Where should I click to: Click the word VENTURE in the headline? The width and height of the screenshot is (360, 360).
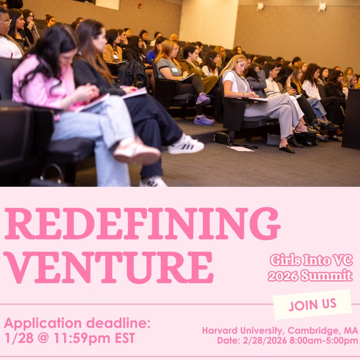(108, 267)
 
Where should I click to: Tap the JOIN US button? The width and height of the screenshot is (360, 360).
(312, 304)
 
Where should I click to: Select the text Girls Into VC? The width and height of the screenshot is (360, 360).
(311, 260)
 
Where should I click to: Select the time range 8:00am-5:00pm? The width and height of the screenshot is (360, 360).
(328, 341)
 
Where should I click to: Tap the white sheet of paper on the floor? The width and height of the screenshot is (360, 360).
(240, 148)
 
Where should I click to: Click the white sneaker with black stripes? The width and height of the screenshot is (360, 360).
(186, 145)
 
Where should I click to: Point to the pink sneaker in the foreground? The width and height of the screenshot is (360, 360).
(136, 151)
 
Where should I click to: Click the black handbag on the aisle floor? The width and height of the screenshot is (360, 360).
(222, 138)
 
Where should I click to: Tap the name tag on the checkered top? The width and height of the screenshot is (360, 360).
(174, 70)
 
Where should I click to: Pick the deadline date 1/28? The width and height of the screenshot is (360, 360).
(17, 338)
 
